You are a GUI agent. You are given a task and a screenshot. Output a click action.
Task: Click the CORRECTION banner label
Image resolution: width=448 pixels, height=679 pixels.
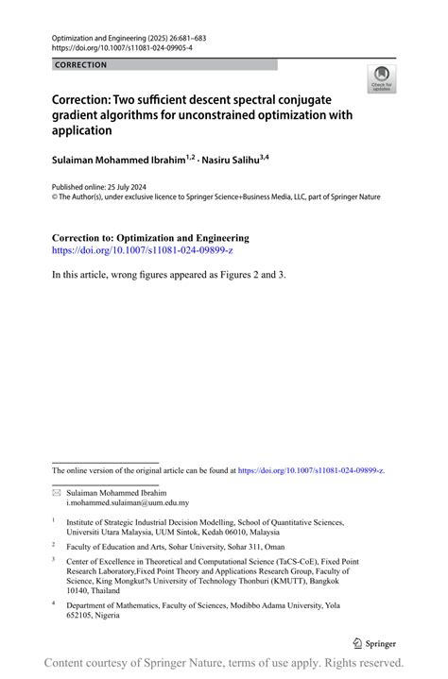tap(81, 65)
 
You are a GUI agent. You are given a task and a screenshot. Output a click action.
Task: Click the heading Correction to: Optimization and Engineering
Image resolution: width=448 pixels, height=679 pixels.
tap(150, 238)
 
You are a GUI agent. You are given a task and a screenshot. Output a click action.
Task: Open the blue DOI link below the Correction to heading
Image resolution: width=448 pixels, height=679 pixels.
tap(142, 251)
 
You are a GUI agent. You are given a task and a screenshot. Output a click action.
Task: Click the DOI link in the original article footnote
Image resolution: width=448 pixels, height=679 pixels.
tap(311, 469)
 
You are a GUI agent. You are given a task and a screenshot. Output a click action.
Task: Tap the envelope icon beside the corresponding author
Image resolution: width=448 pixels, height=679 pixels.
tap(56, 493)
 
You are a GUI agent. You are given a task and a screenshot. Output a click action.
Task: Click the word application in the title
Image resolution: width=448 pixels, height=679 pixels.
tap(81, 131)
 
